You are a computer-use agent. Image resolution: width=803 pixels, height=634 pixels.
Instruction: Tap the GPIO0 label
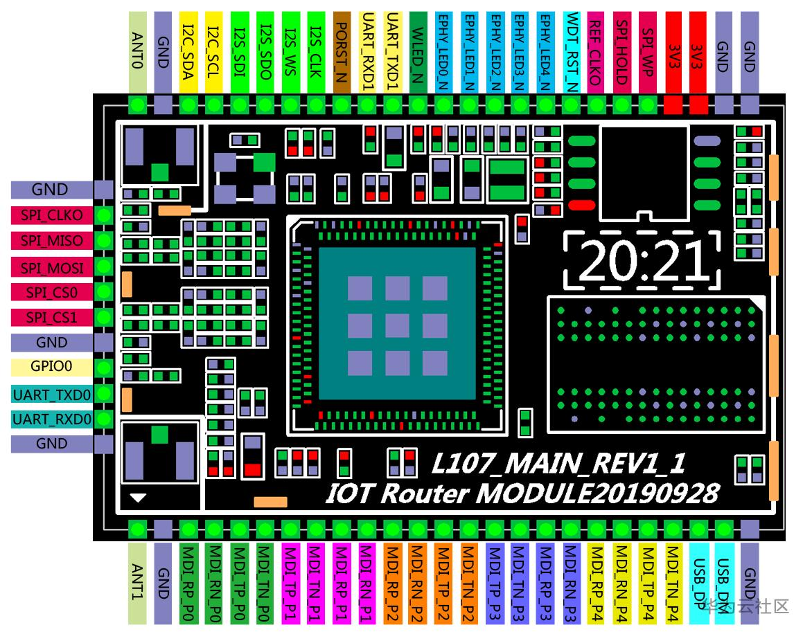pos(52,367)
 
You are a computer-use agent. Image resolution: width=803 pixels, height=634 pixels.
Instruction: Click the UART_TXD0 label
pos(52,395)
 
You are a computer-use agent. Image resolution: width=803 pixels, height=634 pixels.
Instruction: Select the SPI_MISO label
pos(52,241)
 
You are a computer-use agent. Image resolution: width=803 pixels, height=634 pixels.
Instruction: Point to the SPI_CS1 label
pos(52,317)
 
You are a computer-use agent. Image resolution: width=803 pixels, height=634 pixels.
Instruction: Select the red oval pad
pos(581,205)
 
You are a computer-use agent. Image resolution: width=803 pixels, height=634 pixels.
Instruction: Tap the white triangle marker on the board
pos(139,497)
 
